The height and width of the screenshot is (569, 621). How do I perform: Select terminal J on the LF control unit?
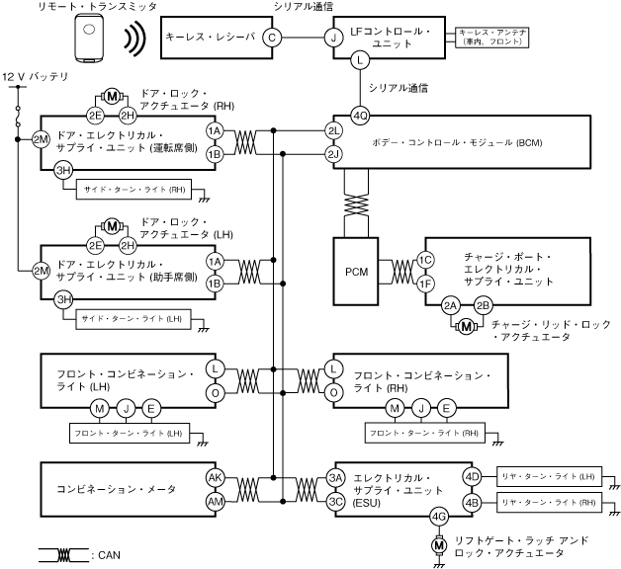(333, 37)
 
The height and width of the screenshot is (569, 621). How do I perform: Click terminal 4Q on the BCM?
(360, 116)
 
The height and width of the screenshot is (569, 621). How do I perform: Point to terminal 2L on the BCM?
(334, 131)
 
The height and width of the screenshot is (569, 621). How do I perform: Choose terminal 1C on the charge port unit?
(425, 260)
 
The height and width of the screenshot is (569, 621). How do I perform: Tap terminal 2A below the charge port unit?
(451, 305)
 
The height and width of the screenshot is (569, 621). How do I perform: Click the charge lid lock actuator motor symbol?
(466, 327)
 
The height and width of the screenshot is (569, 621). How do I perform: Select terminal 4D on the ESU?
(472, 478)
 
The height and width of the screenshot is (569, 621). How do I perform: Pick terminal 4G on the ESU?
(439, 516)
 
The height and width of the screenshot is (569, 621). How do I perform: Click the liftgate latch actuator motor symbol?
(439, 543)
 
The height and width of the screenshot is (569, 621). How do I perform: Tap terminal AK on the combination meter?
(215, 478)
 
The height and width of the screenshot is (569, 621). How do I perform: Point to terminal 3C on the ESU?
(334, 501)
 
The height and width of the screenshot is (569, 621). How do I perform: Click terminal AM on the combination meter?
(215, 501)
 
